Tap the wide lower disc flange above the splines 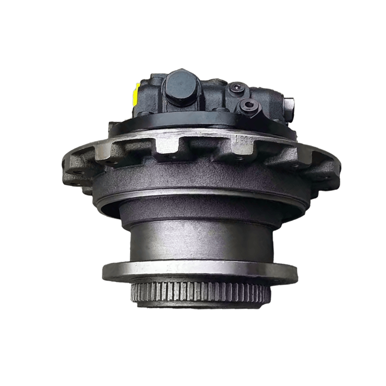tap(199, 270)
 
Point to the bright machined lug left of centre tap(167, 145)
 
